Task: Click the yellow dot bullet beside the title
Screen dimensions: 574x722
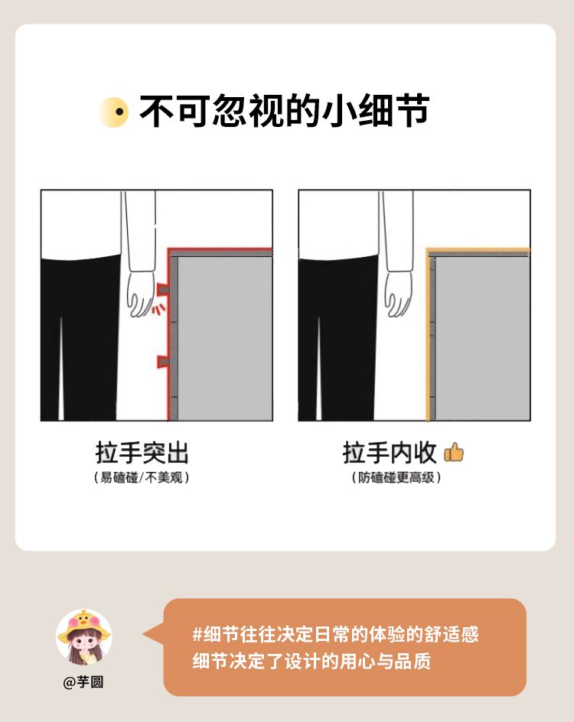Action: (x=114, y=112)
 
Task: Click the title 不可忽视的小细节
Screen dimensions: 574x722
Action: (x=284, y=111)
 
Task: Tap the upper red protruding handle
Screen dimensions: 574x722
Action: (x=162, y=289)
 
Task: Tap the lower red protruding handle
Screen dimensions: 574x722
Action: (x=162, y=362)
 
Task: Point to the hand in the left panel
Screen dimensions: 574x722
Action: (x=141, y=294)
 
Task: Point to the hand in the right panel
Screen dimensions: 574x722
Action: (x=399, y=294)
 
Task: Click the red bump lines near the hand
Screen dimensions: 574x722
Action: (x=158, y=309)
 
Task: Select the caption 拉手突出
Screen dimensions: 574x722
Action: (x=142, y=453)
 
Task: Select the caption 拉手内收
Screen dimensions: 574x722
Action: (x=390, y=453)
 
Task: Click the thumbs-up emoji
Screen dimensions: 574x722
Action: (x=454, y=452)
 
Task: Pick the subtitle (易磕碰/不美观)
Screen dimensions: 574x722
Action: (x=142, y=477)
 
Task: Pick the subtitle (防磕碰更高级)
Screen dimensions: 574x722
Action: (x=396, y=477)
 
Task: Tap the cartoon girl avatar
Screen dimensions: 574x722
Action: (x=84, y=637)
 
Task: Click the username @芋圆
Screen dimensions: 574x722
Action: (x=83, y=681)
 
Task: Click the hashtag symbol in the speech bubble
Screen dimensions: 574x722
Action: (x=197, y=635)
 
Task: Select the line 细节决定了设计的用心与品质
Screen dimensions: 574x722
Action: (x=311, y=662)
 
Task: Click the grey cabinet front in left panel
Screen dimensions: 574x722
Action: (x=225, y=338)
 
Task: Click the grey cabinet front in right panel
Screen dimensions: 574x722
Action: (x=482, y=338)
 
